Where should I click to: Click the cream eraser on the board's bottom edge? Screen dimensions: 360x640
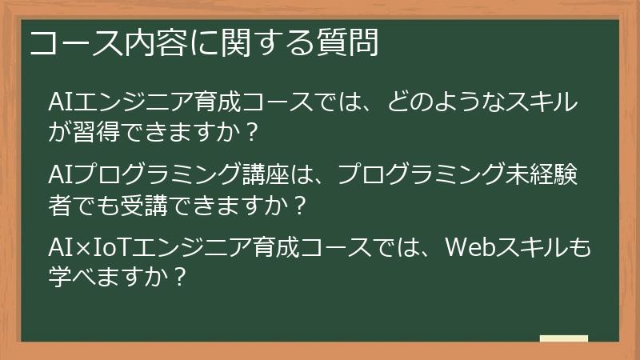click(563, 338)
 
